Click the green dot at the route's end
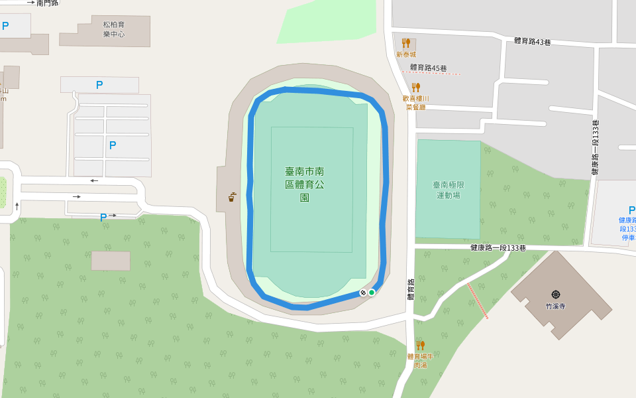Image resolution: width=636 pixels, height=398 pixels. [372, 293]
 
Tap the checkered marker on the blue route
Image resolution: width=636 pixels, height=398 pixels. [363, 293]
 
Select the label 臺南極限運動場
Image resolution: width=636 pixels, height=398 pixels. [448, 190]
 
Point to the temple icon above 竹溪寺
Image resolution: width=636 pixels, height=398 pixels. [555, 294]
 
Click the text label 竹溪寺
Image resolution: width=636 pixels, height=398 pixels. [555, 306]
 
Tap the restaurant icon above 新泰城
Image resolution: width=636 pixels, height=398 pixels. [406, 43]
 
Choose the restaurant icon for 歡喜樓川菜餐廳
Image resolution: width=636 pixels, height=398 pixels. [416, 87]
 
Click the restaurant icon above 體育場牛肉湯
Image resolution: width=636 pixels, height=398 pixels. [420, 345]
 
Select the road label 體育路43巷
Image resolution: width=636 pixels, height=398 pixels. [533, 41]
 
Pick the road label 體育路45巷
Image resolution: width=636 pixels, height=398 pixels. [428, 68]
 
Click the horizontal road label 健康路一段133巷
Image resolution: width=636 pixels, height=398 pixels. [498, 248]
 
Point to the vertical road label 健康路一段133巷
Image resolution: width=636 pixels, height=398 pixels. [595, 147]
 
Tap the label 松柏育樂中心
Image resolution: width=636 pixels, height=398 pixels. [113, 29]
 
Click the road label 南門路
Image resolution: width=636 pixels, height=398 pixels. [48, 3]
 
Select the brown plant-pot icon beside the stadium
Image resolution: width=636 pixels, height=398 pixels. [232, 196]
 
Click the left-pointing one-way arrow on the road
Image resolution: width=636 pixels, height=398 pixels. [94, 180]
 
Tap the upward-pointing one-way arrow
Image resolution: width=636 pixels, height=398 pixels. [17, 206]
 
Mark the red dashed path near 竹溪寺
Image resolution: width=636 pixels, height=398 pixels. [478, 300]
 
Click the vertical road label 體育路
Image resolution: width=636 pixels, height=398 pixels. [411, 290]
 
